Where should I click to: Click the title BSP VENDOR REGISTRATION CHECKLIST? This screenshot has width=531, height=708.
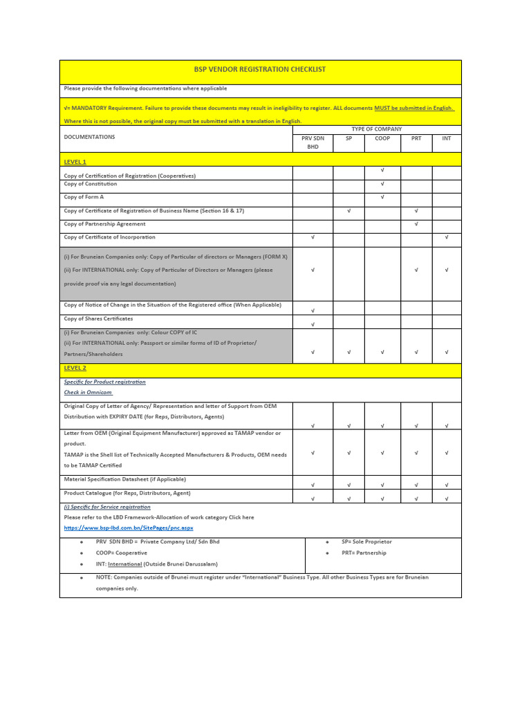click(x=260, y=70)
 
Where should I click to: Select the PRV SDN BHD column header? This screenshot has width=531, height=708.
click(x=313, y=142)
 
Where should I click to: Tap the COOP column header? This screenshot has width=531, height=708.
click(x=382, y=138)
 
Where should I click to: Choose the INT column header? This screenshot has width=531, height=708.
click(x=447, y=138)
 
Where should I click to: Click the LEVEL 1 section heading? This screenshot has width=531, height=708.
click(x=75, y=162)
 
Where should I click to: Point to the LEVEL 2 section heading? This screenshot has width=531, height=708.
click(x=75, y=369)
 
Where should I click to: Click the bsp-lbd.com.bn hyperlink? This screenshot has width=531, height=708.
click(x=128, y=528)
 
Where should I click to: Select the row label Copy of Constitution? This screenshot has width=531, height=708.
click(x=91, y=184)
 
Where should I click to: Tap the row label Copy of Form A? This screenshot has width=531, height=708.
click(x=84, y=197)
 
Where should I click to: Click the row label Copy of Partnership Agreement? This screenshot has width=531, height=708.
click(x=104, y=224)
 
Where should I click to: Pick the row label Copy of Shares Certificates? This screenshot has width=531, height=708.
click(x=98, y=319)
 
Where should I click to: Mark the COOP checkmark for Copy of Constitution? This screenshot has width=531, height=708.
click(x=382, y=184)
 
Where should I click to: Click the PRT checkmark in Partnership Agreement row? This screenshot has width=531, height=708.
click(x=416, y=224)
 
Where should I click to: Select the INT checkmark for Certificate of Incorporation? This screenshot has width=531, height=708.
click(x=447, y=237)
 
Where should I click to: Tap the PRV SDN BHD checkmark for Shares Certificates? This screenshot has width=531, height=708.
click(x=313, y=324)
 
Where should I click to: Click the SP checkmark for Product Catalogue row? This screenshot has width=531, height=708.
click(x=349, y=498)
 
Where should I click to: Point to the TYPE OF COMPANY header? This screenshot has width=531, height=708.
click(x=377, y=129)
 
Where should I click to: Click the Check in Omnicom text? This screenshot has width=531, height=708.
click(x=88, y=392)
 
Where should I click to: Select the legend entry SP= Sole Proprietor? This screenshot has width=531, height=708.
click(x=366, y=542)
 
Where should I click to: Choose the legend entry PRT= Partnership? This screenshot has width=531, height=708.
click(x=364, y=553)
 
